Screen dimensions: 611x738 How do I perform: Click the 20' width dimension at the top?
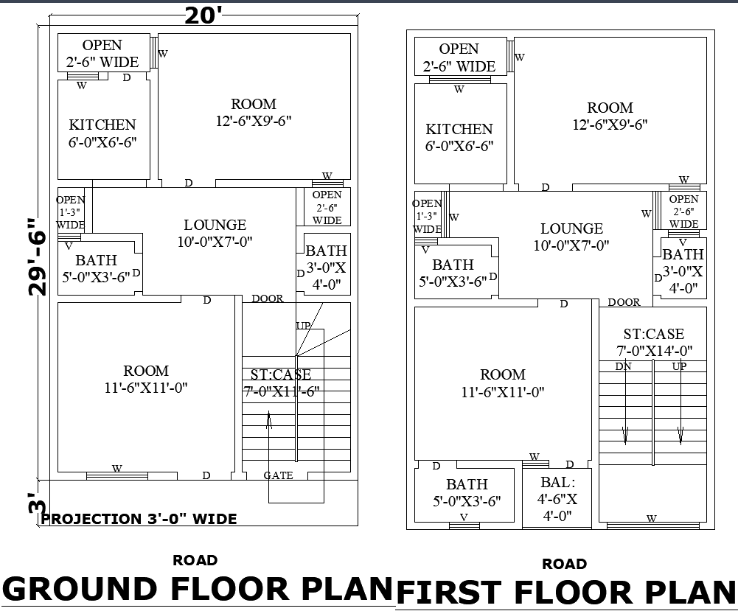[x=203, y=15]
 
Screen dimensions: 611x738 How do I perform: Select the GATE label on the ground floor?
[x=278, y=475]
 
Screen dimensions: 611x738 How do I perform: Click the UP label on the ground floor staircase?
[x=303, y=326]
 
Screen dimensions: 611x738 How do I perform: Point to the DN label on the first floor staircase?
[x=624, y=366]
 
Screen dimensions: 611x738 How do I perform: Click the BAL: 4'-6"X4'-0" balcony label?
[x=557, y=498]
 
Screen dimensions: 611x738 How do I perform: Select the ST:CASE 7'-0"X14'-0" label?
[x=653, y=343]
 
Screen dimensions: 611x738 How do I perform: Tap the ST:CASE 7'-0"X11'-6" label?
[x=281, y=383]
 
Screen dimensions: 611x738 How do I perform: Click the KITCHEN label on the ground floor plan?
[x=102, y=133]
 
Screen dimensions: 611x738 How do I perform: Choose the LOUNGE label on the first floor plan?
[x=571, y=237]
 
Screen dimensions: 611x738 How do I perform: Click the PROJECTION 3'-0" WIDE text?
[x=139, y=519]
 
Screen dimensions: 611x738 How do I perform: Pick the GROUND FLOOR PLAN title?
[x=198, y=589]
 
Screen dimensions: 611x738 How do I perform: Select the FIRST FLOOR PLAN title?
[x=566, y=593]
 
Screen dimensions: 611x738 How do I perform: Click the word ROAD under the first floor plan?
[x=564, y=564]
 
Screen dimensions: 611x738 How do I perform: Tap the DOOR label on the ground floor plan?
[x=267, y=298]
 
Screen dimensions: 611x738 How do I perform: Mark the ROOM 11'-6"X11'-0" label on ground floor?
[x=146, y=379]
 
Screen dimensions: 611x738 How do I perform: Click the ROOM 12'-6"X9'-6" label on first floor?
[x=610, y=116]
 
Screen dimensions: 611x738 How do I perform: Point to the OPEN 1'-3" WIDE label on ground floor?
[x=71, y=212]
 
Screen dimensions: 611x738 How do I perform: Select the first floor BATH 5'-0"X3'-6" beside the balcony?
[x=467, y=492]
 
